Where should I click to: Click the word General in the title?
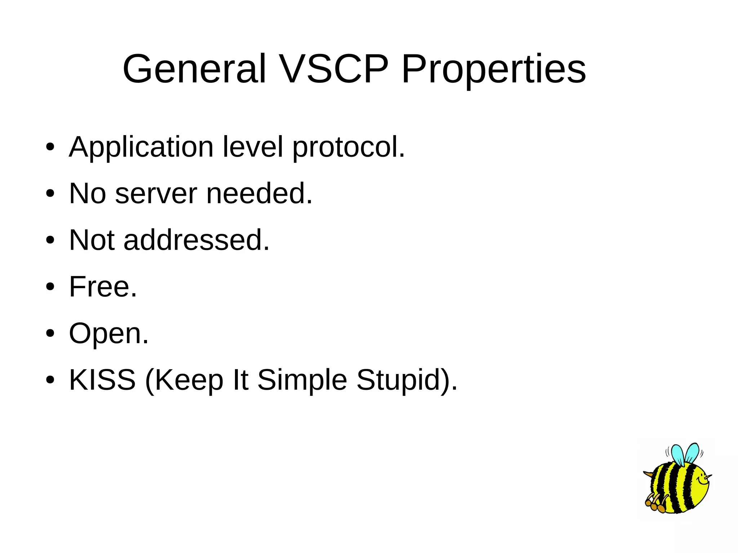(194, 68)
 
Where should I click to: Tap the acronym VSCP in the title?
(334, 68)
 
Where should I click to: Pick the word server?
(156, 194)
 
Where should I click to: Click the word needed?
(259, 193)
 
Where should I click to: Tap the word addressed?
(196, 240)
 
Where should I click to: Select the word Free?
(103, 287)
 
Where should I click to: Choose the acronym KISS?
(102, 380)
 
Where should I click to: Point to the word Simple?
(302, 380)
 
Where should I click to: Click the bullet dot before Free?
(50, 287)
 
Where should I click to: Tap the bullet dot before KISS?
(50, 380)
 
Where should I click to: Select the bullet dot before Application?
(50, 147)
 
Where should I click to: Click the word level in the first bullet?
(253, 147)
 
